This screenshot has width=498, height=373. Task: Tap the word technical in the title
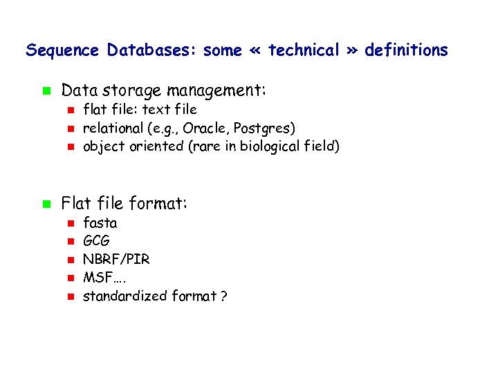pos(304,50)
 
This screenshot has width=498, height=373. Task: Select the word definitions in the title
pos(406,50)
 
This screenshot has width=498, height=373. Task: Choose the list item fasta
pos(100,223)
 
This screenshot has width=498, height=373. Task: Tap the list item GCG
pos(96,242)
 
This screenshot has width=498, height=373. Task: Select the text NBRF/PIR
pos(116,260)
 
